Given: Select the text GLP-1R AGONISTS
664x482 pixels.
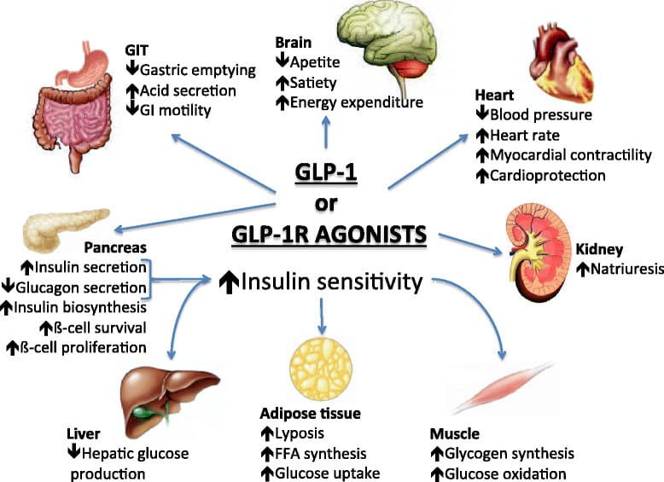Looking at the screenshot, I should tap(330, 235).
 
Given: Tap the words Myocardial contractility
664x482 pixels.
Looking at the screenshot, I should tap(559, 154).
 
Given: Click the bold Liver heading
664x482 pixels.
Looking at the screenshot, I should tap(83, 433).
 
